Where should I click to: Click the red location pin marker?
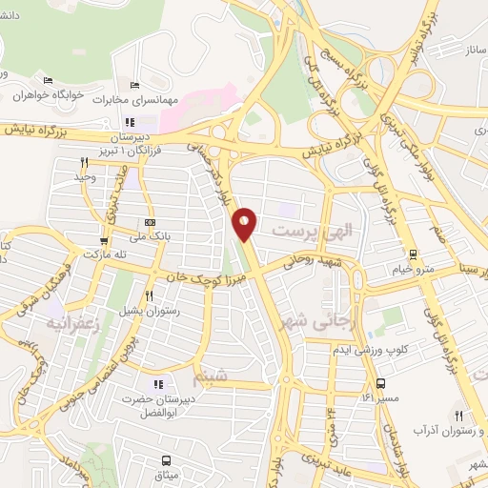coord(245,224)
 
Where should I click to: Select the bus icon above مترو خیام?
coord(413,254)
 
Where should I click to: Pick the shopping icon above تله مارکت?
coord(104,240)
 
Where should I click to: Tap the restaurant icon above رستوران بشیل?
coord(149,295)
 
